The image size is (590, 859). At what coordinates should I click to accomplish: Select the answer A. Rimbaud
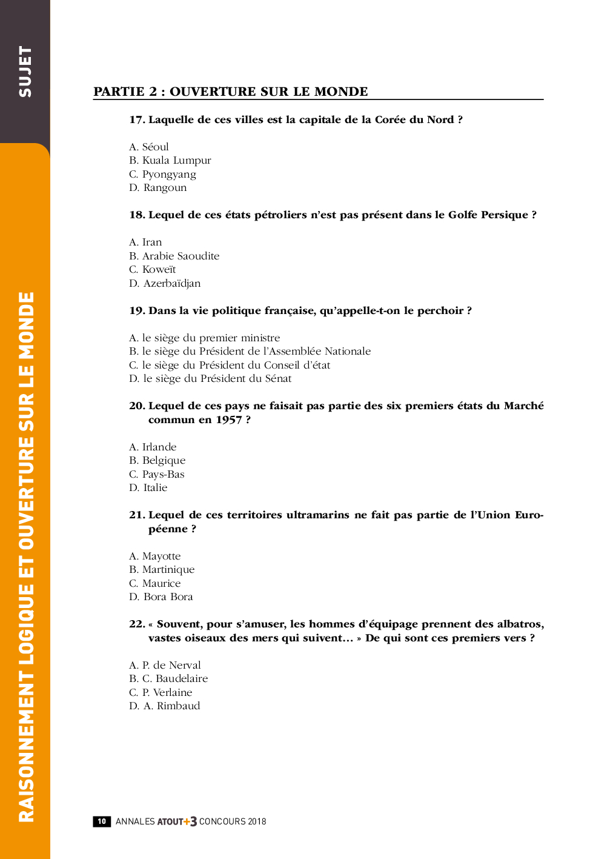(171, 706)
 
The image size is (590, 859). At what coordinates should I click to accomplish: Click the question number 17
(136, 120)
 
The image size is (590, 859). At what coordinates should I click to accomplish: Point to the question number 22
(136, 624)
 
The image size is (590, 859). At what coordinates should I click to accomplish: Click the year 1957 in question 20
(229, 420)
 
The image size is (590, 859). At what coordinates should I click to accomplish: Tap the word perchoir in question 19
(440, 311)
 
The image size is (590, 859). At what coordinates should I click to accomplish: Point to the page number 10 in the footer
(102, 821)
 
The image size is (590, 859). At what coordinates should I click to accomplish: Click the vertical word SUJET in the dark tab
(25, 72)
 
